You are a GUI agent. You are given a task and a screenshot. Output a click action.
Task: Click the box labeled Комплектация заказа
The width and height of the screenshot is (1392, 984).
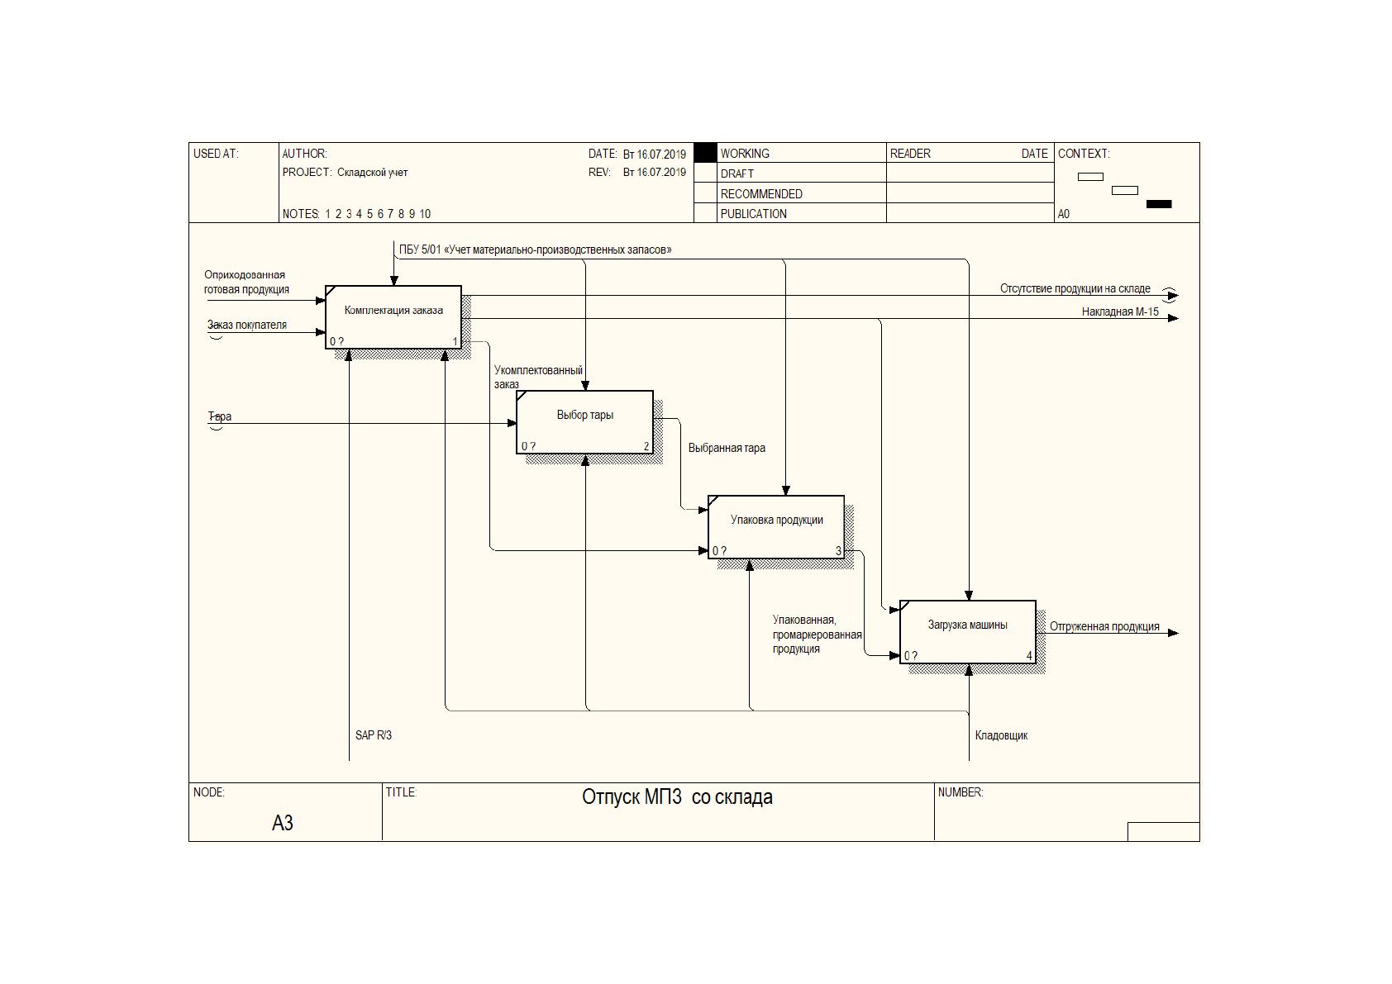coord(393,316)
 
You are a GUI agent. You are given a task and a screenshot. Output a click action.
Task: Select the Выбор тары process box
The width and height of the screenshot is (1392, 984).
coord(584,422)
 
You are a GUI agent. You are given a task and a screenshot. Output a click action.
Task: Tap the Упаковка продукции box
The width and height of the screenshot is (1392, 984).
coord(776,527)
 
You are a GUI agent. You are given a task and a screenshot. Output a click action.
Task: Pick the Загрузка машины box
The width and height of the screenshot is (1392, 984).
coord(968,632)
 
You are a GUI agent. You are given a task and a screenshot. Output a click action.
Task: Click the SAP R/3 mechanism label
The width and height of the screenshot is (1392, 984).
coord(374,734)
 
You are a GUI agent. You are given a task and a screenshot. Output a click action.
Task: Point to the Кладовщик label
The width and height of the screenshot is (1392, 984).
coord(1001,735)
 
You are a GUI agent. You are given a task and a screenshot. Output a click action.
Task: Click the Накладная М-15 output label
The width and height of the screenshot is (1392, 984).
coord(1120,311)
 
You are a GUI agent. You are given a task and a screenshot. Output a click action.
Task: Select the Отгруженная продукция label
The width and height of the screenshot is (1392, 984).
coord(1104,626)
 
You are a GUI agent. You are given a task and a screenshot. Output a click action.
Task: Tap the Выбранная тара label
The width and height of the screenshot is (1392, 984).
coord(727,448)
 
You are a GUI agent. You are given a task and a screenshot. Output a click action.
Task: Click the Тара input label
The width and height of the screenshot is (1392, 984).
coord(219,416)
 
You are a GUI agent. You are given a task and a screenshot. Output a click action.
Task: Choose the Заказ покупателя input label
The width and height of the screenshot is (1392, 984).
coord(246,325)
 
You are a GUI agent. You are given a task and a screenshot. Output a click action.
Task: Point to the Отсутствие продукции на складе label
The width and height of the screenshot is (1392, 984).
coord(1075,288)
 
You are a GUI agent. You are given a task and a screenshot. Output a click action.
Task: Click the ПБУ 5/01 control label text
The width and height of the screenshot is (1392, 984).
coord(535,250)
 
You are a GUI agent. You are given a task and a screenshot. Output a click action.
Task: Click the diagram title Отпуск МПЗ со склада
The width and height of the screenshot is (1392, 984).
coord(677,797)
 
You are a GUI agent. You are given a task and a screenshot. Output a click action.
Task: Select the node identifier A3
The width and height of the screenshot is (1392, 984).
coord(282,823)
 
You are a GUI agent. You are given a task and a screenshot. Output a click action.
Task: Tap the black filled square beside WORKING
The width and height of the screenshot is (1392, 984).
coord(705,153)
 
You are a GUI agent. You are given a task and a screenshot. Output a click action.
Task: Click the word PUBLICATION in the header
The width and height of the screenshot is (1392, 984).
coord(753,214)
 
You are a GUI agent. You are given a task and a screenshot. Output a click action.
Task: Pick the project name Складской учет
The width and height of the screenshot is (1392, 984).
coord(372,172)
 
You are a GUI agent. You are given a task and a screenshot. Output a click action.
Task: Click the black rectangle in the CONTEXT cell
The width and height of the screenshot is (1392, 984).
coord(1158,204)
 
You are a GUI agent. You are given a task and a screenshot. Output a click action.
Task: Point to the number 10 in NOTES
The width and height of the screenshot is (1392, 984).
coord(424,214)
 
